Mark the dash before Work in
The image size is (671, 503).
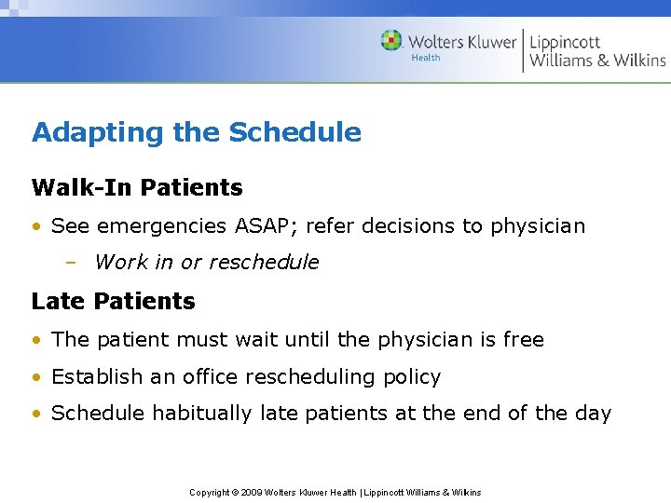[71, 263]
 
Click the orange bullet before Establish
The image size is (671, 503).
[37, 377]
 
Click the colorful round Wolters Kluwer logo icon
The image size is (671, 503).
[391, 41]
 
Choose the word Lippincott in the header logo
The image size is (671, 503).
[565, 42]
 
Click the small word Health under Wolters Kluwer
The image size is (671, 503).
[425, 58]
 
